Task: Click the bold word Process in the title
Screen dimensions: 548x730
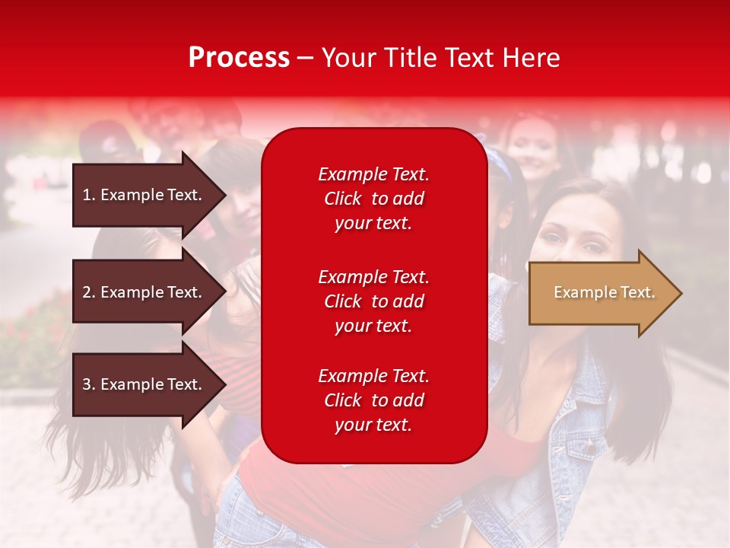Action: click(x=239, y=58)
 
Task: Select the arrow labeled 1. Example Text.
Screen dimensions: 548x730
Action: click(x=144, y=195)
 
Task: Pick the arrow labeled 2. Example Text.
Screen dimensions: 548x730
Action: click(x=144, y=292)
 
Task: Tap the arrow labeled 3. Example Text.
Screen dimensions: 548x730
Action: click(x=144, y=384)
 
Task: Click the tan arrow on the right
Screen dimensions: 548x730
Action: click(x=601, y=293)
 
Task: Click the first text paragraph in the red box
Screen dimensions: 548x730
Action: click(x=373, y=199)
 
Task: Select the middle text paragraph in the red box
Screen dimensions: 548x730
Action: click(x=373, y=301)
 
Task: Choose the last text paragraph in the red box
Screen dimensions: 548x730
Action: click(x=373, y=400)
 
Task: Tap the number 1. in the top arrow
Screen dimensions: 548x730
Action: click(x=89, y=195)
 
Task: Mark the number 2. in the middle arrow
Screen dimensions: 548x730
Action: click(x=89, y=292)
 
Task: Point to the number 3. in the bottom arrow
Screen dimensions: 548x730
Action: click(x=89, y=384)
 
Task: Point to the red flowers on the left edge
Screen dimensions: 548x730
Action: click(x=30, y=335)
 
